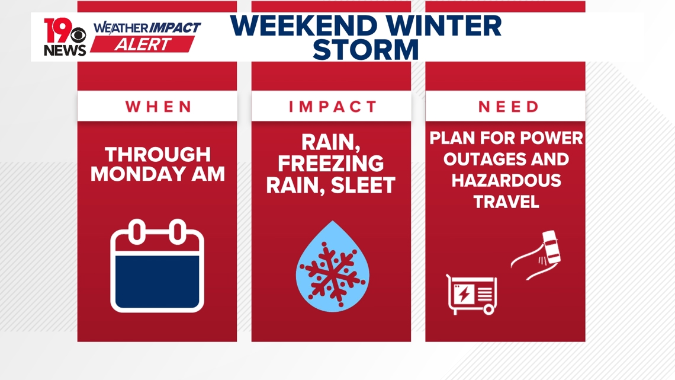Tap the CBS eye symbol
(x=78, y=37)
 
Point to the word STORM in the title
(x=365, y=50)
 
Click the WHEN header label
(x=159, y=107)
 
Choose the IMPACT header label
(x=333, y=107)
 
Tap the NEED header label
(x=508, y=107)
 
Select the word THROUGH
(x=157, y=155)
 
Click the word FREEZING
(x=331, y=164)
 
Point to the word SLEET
(x=362, y=186)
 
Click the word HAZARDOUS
(x=506, y=181)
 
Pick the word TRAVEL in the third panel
(x=506, y=202)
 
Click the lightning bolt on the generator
(x=464, y=294)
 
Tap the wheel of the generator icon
(x=488, y=309)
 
